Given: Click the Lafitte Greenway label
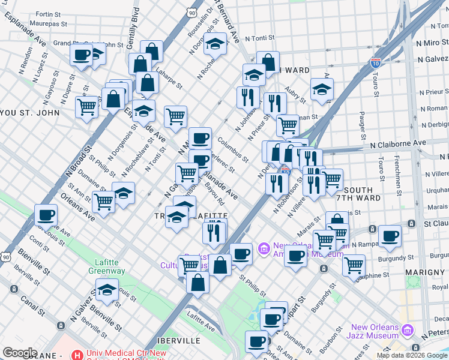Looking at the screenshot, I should [x=110, y=266].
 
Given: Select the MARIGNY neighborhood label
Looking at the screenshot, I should [x=424, y=272].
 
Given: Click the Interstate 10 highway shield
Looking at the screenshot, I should [x=376, y=62].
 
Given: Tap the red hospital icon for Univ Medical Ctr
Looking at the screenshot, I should [x=76, y=354].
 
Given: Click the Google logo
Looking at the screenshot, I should [x=20, y=353].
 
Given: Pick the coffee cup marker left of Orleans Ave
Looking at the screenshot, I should [x=46, y=215].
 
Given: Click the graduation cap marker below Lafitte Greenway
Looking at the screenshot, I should [x=106, y=290].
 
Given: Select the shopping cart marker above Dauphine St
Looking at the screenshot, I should [x=354, y=264].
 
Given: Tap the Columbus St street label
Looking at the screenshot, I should [x=233, y=150].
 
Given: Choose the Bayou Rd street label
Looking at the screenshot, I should [x=214, y=193].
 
